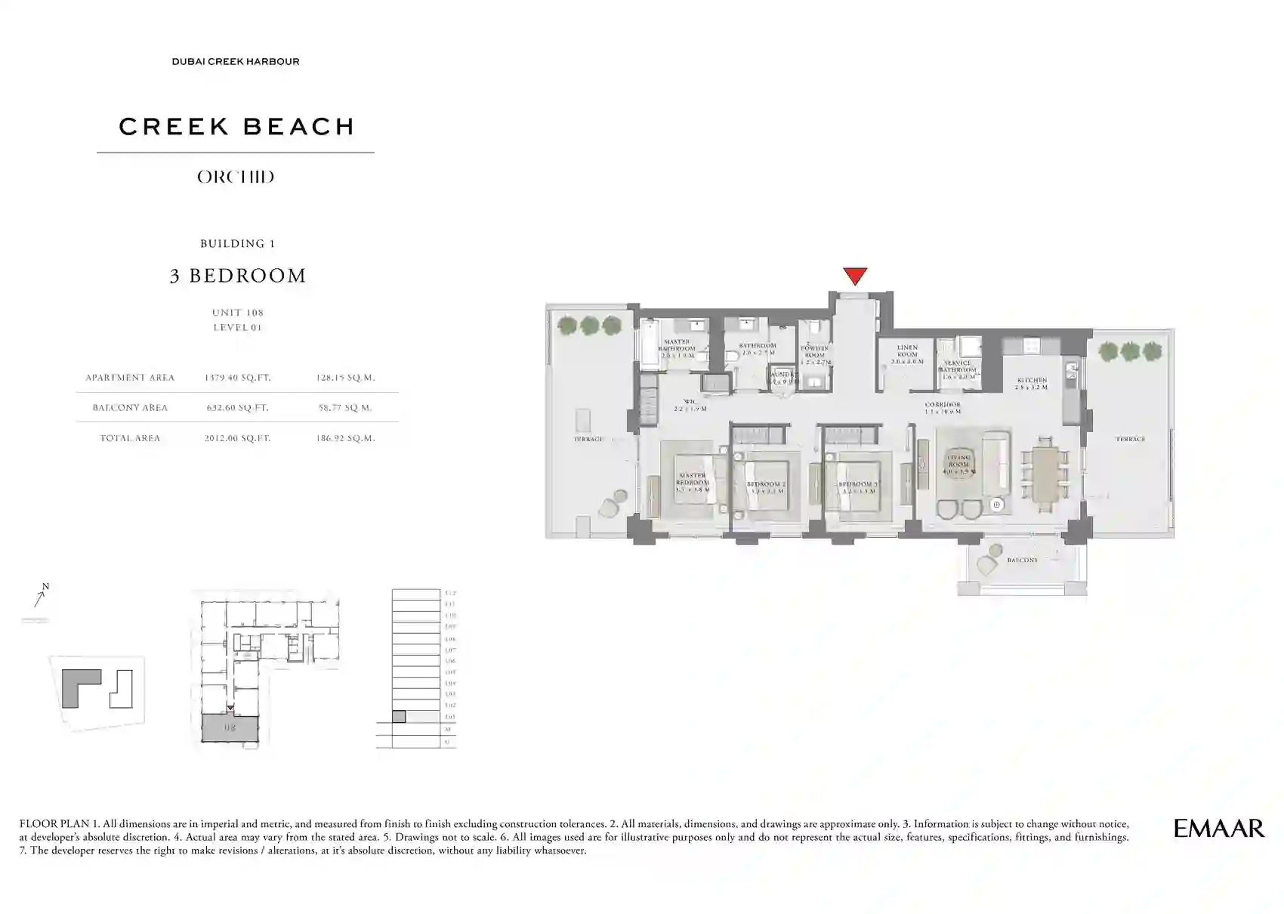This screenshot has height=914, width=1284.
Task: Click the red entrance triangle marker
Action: pos(854,276)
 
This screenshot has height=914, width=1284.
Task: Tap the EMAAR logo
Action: pos(1218,829)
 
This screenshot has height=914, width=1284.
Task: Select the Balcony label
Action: pos(1022,560)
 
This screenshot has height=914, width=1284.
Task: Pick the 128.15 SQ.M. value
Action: pos(345,378)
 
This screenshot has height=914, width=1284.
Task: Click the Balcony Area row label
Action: pos(130,408)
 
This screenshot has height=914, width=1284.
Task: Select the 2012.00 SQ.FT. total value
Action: pos(237,438)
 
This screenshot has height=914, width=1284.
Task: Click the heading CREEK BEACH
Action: pos(236,127)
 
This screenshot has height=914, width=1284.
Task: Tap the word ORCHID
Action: pos(236,178)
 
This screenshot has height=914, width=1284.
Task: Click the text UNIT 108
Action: pos(237,313)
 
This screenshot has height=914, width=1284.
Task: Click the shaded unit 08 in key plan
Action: pos(230,729)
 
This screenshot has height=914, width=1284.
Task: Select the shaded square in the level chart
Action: pos(399,717)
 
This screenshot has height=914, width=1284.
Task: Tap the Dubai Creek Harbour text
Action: pos(236,62)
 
